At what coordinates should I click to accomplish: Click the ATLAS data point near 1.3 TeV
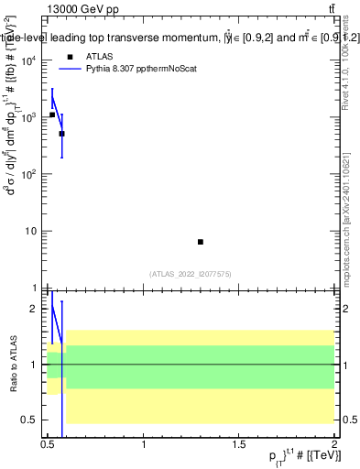click(201, 242)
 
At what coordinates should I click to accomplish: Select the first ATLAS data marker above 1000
click(52, 115)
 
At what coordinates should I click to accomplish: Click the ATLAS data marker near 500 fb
click(61, 134)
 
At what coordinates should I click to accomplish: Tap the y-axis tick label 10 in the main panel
click(33, 231)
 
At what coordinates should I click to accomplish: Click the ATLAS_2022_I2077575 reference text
click(190, 273)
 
